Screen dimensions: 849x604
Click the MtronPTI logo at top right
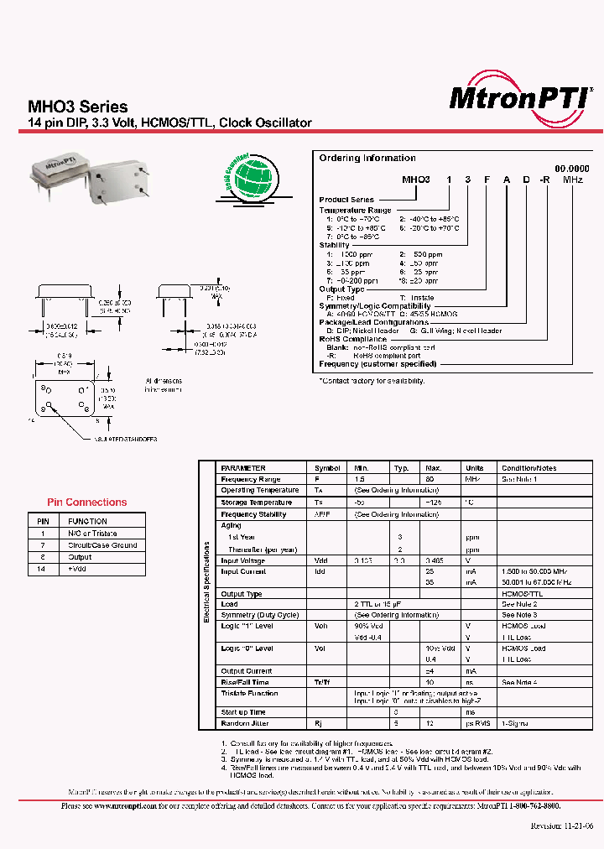tap(520, 97)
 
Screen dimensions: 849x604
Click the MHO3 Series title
tap(78, 107)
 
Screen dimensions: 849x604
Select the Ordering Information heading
tap(367, 158)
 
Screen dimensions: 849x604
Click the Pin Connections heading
tap(87, 503)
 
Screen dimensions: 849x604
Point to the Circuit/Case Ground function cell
tap(102, 545)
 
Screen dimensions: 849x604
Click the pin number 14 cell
tap(43, 569)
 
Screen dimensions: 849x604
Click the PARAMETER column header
tap(243, 468)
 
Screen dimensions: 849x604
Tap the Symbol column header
tap(327, 468)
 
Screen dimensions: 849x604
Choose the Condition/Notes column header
tap(528, 468)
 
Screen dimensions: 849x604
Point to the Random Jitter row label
tap(243, 722)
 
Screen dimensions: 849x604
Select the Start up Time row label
tap(243, 711)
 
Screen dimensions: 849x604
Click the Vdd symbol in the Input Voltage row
tap(321, 561)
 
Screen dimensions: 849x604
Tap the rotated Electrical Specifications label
tap(206, 581)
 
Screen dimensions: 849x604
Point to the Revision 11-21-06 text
tap(562, 824)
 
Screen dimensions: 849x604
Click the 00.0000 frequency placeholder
tap(571, 169)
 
